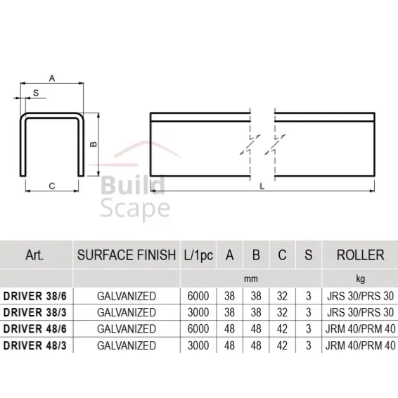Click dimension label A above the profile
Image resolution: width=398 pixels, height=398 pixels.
(x=53, y=79)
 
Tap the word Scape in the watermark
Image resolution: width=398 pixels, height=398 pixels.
(x=136, y=208)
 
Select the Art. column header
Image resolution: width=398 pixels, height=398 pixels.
(x=34, y=255)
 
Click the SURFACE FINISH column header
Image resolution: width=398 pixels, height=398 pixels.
(x=126, y=255)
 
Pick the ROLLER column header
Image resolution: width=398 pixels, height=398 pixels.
(x=360, y=255)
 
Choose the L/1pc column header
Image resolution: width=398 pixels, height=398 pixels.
(x=198, y=255)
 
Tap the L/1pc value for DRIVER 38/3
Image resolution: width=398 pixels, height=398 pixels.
(x=198, y=312)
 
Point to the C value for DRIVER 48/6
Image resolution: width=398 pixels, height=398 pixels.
(x=281, y=328)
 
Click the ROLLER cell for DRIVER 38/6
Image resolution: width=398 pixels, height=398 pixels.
(x=360, y=295)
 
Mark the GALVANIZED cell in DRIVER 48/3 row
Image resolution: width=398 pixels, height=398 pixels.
(x=126, y=345)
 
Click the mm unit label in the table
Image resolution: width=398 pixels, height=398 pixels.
(x=251, y=278)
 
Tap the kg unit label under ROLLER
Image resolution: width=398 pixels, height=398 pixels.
(x=360, y=278)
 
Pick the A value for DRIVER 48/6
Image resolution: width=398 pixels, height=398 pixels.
(x=229, y=328)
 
